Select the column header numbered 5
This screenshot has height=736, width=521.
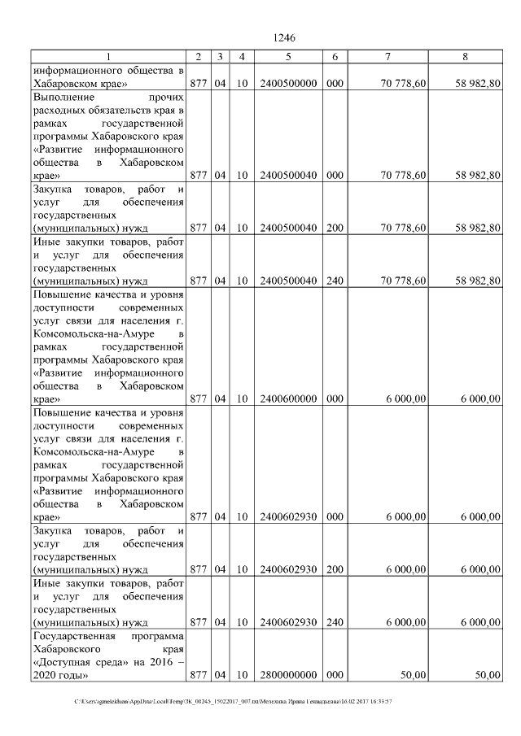pos(288,56)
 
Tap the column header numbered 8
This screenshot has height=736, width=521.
pos(464,56)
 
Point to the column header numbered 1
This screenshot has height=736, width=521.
pos(107,56)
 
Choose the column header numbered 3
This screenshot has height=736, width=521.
pos(220,56)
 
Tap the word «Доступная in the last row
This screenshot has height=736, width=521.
pos(66,662)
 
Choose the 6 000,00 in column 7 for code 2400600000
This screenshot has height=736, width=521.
pos(405,399)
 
